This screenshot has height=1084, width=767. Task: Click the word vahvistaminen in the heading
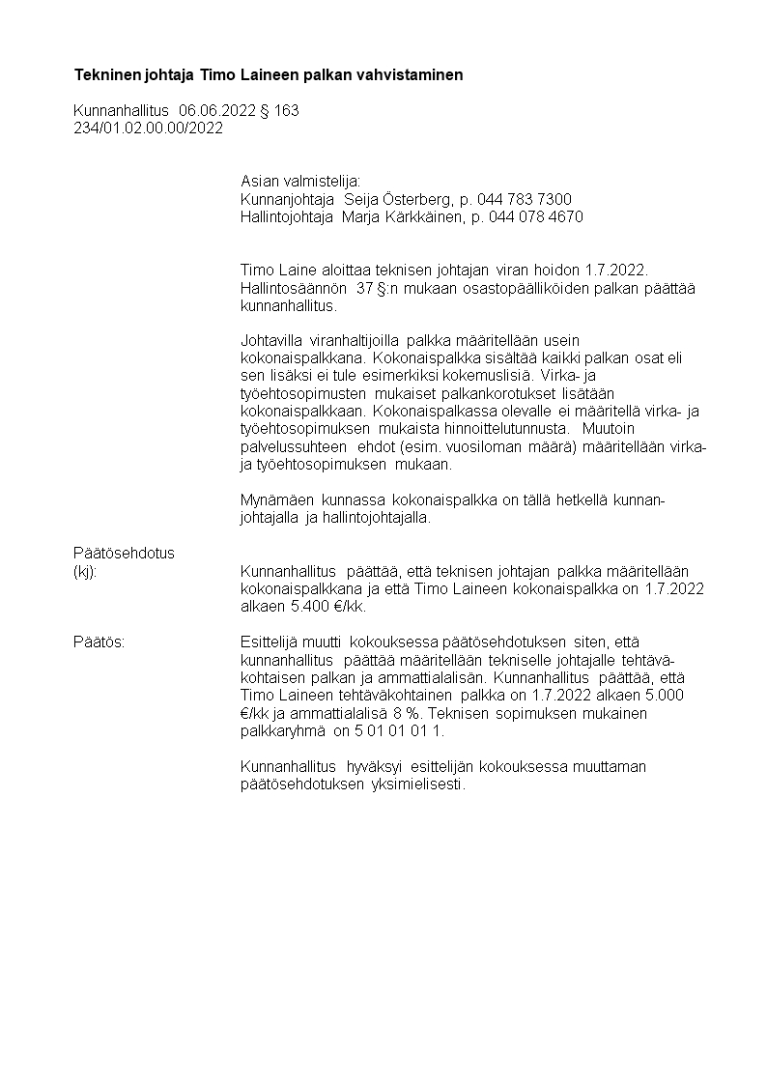pos(418,74)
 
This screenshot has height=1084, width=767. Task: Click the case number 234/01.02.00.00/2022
pos(148,128)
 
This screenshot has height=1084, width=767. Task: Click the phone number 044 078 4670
pos(536,216)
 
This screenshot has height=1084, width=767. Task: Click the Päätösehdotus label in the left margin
pos(124,553)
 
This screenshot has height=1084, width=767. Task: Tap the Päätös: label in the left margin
pos(99,642)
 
